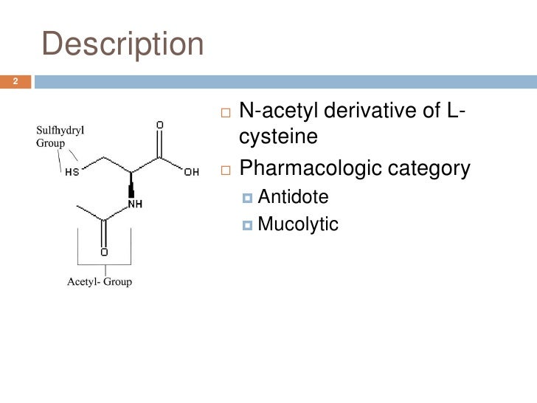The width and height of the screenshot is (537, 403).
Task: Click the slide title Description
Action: coord(122,45)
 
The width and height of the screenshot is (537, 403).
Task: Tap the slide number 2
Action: coord(15,81)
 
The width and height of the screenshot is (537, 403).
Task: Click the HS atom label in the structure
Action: coord(73,173)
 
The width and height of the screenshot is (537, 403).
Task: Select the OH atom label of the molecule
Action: coord(191,173)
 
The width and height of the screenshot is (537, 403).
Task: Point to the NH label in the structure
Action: coord(134,204)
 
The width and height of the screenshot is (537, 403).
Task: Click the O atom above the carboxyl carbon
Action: coord(160,125)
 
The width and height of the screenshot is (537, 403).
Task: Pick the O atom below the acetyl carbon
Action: coord(104,252)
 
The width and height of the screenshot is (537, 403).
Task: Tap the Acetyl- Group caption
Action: coord(100,281)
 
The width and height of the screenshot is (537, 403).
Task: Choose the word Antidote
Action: coord(293,197)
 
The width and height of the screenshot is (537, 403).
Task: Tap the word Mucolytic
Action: coord(298,224)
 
